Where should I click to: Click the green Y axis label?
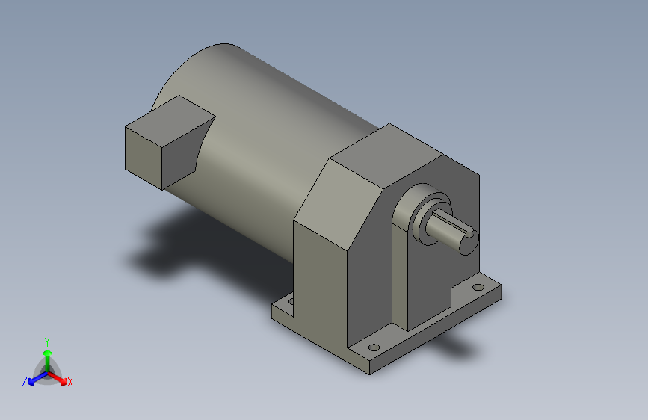47,340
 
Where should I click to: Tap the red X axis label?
70,382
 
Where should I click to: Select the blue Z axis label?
25,382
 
